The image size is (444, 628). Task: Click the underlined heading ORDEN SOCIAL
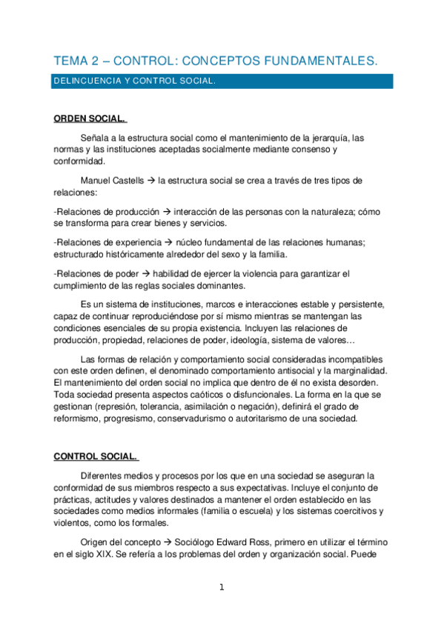coord(90,119)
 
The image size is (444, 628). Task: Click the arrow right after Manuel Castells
coord(150,181)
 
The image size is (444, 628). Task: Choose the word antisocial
coord(302,370)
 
